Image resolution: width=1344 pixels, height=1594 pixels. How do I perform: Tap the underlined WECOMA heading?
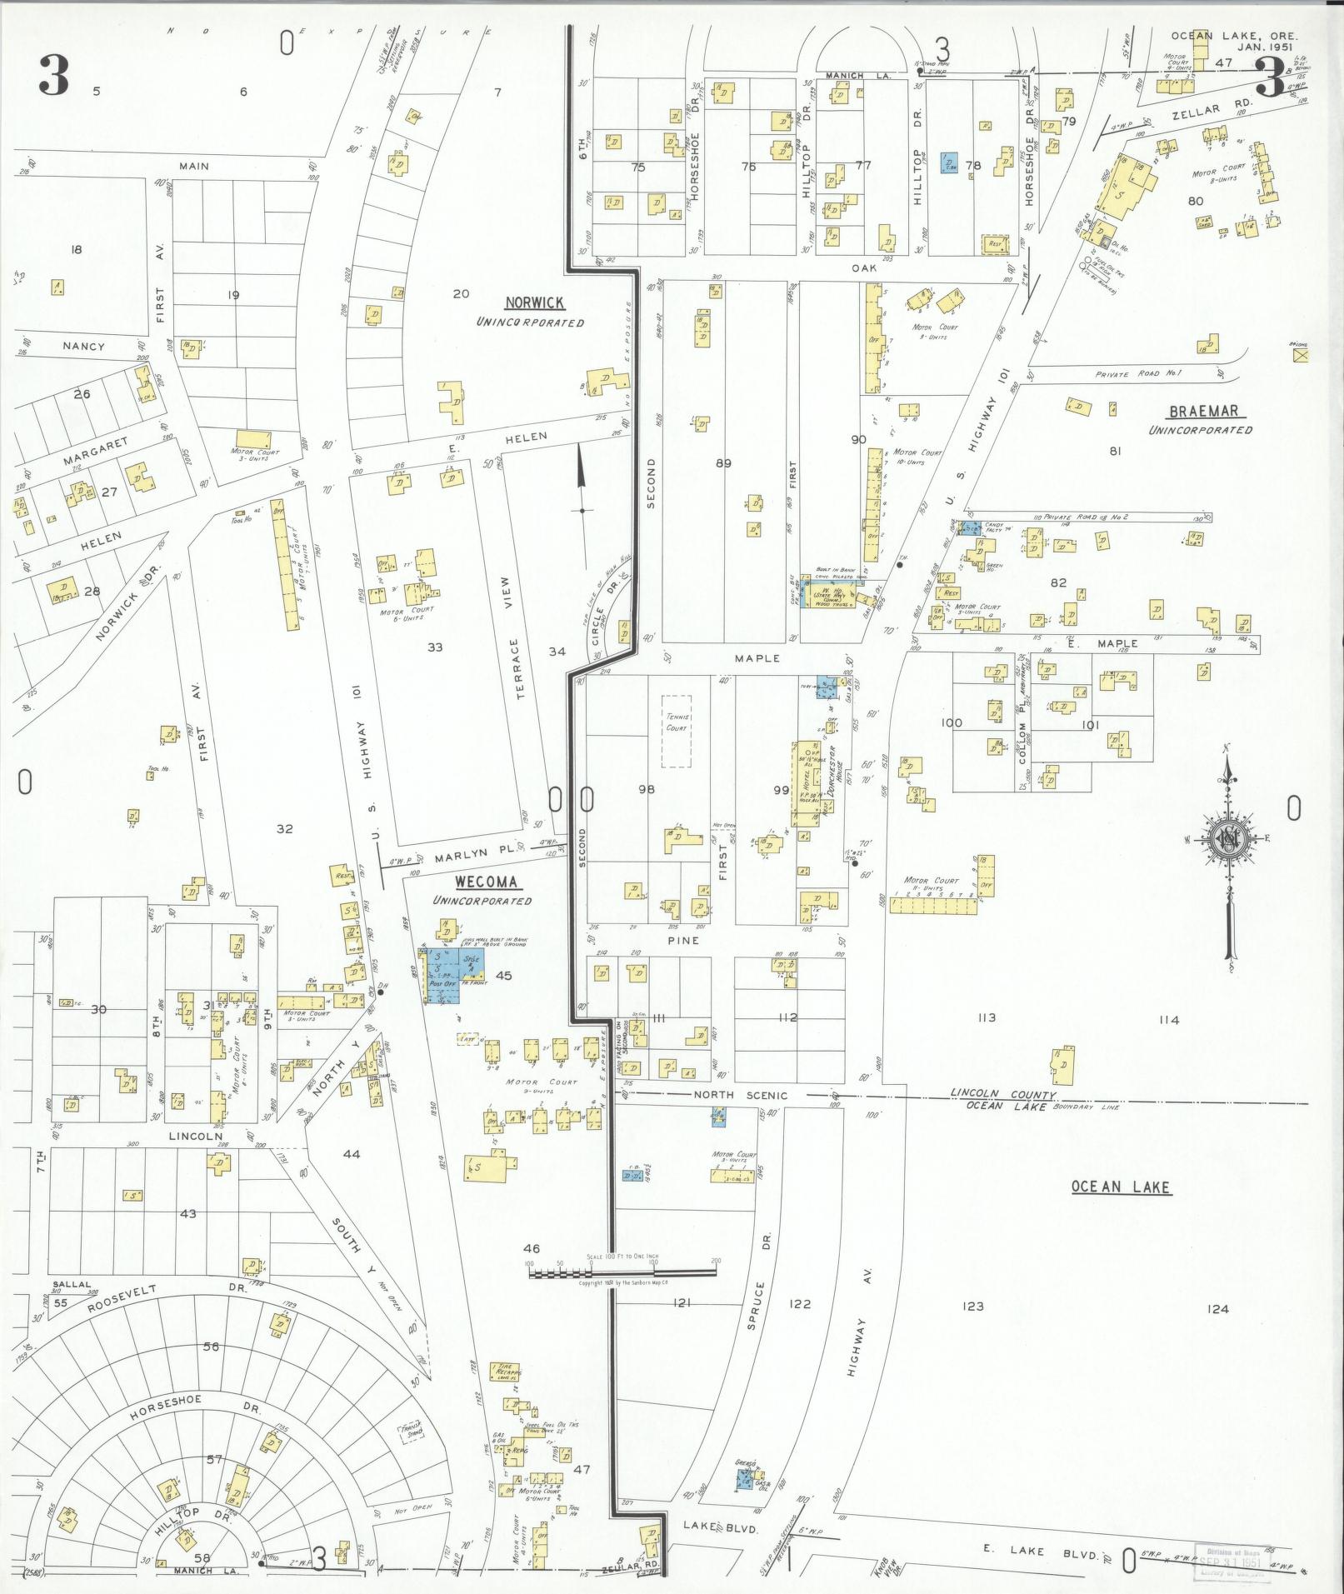486,882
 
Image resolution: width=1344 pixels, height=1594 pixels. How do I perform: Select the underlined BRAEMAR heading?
1203,411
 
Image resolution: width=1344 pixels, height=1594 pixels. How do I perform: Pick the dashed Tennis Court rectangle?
677,732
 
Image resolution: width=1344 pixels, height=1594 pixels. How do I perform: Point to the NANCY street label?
84,346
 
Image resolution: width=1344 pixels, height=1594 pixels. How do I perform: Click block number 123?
972,1306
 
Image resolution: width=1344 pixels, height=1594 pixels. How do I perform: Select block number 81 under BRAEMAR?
1115,451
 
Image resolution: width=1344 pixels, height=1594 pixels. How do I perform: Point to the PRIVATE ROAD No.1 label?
1138,373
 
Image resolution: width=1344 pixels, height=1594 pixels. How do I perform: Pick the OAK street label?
860,268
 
